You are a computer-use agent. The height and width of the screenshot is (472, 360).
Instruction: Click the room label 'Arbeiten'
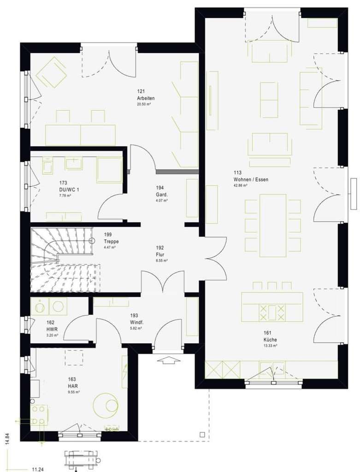click(x=145, y=98)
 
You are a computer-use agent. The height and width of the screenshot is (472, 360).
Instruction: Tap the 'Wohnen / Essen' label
click(x=251, y=179)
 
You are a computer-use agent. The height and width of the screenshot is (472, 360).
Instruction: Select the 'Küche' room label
click(x=271, y=339)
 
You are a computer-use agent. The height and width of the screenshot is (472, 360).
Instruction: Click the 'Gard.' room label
click(x=162, y=194)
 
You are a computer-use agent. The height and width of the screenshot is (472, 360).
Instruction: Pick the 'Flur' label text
click(x=160, y=254)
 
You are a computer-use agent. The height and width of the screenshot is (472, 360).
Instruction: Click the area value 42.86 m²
click(x=240, y=185)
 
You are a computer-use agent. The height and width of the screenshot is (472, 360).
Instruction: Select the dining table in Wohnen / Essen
click(x=273, y=225)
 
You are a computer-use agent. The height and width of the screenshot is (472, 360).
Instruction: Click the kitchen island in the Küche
click(x=272, y=307)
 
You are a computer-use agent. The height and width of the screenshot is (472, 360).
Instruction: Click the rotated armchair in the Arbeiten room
click(x=52, y=73)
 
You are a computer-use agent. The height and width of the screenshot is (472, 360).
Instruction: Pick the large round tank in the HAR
click(x=106, y=405)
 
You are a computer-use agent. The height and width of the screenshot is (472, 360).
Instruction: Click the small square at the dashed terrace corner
click(x=202, y=434)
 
